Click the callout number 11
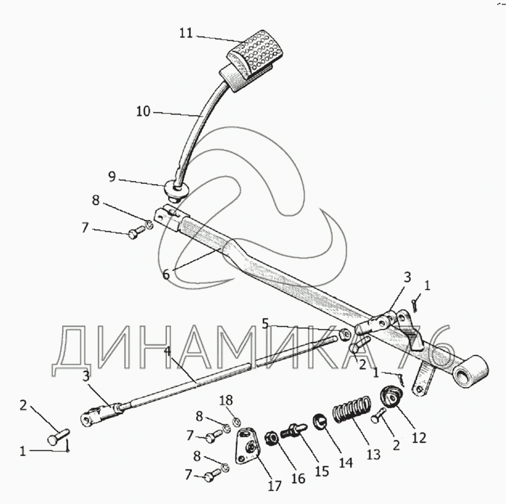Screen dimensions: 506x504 186,33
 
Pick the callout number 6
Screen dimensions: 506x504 166,274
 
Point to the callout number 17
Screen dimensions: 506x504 274,486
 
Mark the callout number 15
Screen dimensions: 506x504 322,471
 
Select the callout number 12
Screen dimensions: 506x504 418,438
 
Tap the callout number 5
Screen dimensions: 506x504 265,324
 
